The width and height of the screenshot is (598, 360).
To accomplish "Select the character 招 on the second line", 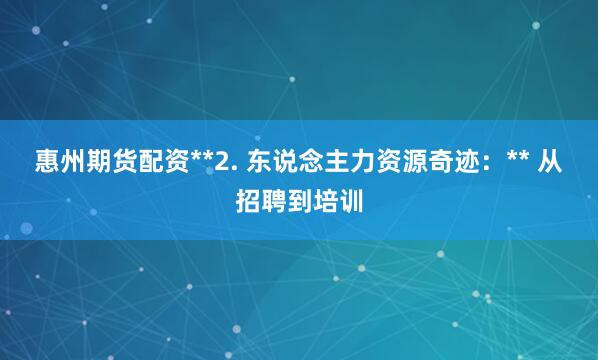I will point(250,201).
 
